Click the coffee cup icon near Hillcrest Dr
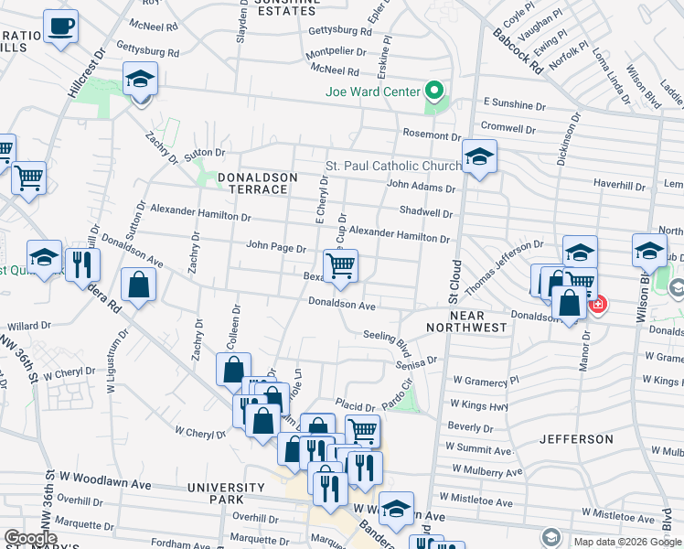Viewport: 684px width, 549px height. (x=61, y=27)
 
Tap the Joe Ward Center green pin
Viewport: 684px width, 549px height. (x=435, y=91)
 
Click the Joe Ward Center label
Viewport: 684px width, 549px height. (x=373, y=91)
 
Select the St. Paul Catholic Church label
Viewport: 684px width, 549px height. (x=394, y=166)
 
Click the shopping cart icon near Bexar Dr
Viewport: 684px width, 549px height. (x=340, y=266)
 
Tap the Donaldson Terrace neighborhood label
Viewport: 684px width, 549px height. (x=251, y=182)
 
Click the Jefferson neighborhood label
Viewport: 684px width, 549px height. (x=576, y=439)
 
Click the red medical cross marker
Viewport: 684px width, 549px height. (x=597, y=304)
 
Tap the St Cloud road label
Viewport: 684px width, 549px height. (x=454, y=281)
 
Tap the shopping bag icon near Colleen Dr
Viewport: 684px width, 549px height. (x=233, y=371)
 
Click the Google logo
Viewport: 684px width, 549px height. (x=29, y=538)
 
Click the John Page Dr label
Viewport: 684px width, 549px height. (x=275, y=246)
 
